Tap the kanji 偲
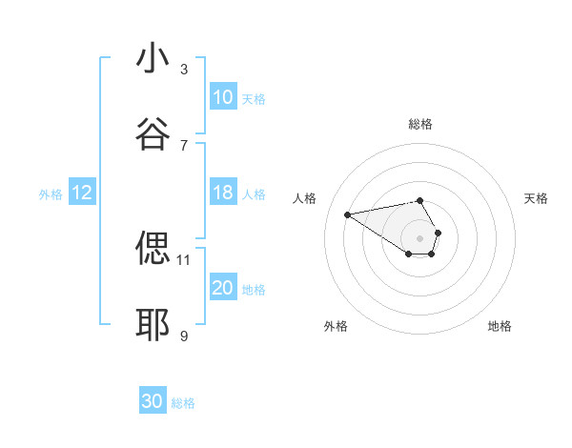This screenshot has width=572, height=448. pos(153,249)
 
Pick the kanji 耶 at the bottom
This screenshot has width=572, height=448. pos(153,325)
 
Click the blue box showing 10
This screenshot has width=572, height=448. pos(223,97)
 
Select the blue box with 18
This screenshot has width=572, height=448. pos(223,193)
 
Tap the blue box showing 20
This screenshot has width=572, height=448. pos(223,288)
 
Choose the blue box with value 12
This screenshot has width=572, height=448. pos(82,193)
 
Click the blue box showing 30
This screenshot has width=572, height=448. pos(153,401)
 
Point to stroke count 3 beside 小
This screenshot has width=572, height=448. pos(184,69)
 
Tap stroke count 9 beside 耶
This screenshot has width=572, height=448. pos(184,336)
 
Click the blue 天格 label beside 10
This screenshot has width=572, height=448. pos(254,98)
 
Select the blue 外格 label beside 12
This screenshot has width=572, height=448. pos(51,194)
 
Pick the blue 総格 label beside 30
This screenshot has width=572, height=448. pos(183,403)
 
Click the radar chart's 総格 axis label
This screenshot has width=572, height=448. pos(420,124)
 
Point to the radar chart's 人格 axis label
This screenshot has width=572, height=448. pos(305,198)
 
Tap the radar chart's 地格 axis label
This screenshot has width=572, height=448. pos(500,326)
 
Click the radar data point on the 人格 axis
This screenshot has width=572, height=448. pos(348,214)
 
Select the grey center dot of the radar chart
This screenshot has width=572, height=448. pos(419,237)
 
